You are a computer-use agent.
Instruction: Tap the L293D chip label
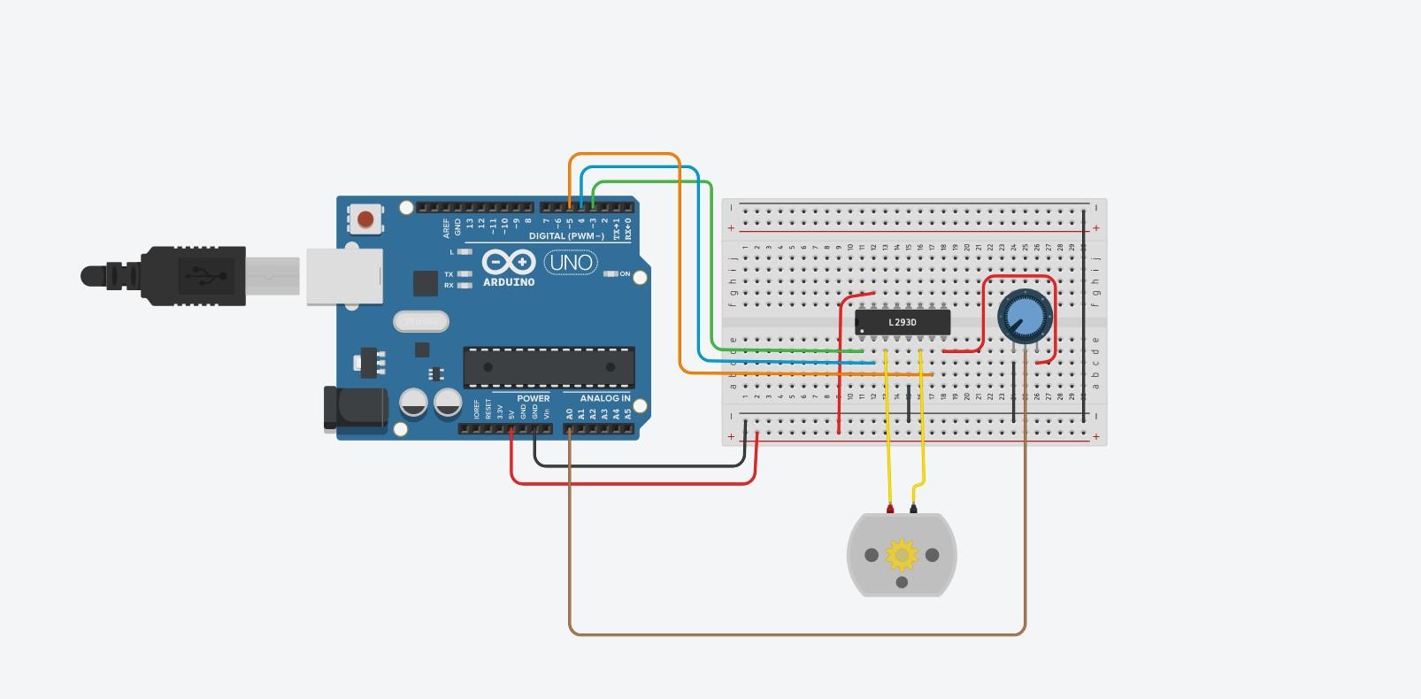pyautogui.click(x=903, y=322)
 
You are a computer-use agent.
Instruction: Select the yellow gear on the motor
pyautogui.click(x=902, y=555)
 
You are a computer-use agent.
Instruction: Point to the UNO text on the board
pyautogui.click(x=571, y=262)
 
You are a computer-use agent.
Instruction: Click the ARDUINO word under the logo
pyautogui.click(x=509, y=282)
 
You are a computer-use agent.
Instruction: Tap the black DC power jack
pyautogui.click(x=356, y=409)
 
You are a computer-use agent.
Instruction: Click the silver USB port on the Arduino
pyautogui.click(x=344, y=277)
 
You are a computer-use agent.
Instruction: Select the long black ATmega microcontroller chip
pyautogui.click(x=549, y=367)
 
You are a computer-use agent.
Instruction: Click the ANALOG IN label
pyautogui.click(x=605, y=398)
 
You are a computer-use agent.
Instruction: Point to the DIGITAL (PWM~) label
pyautogui.click(x=566, y=236)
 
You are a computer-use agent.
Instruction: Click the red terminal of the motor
pyautogui.click(x=890, y=509)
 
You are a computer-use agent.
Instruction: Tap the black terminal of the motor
pyautogui.click(x=913, y=509)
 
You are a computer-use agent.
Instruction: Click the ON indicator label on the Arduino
pyautogui.click(x=625, y=274)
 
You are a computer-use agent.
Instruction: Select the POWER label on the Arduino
pyautogui.click(x=534, y=398)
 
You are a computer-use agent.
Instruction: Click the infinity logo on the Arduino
pyautogui.click(x=509, y=262)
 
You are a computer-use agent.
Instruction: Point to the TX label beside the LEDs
pyautogui.click(x=449, y=274)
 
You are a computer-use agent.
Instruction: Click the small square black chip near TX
pyautogui.click(x=425, y=283)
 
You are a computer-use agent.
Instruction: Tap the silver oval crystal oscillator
pyautogui.click(x=421, y=321)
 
